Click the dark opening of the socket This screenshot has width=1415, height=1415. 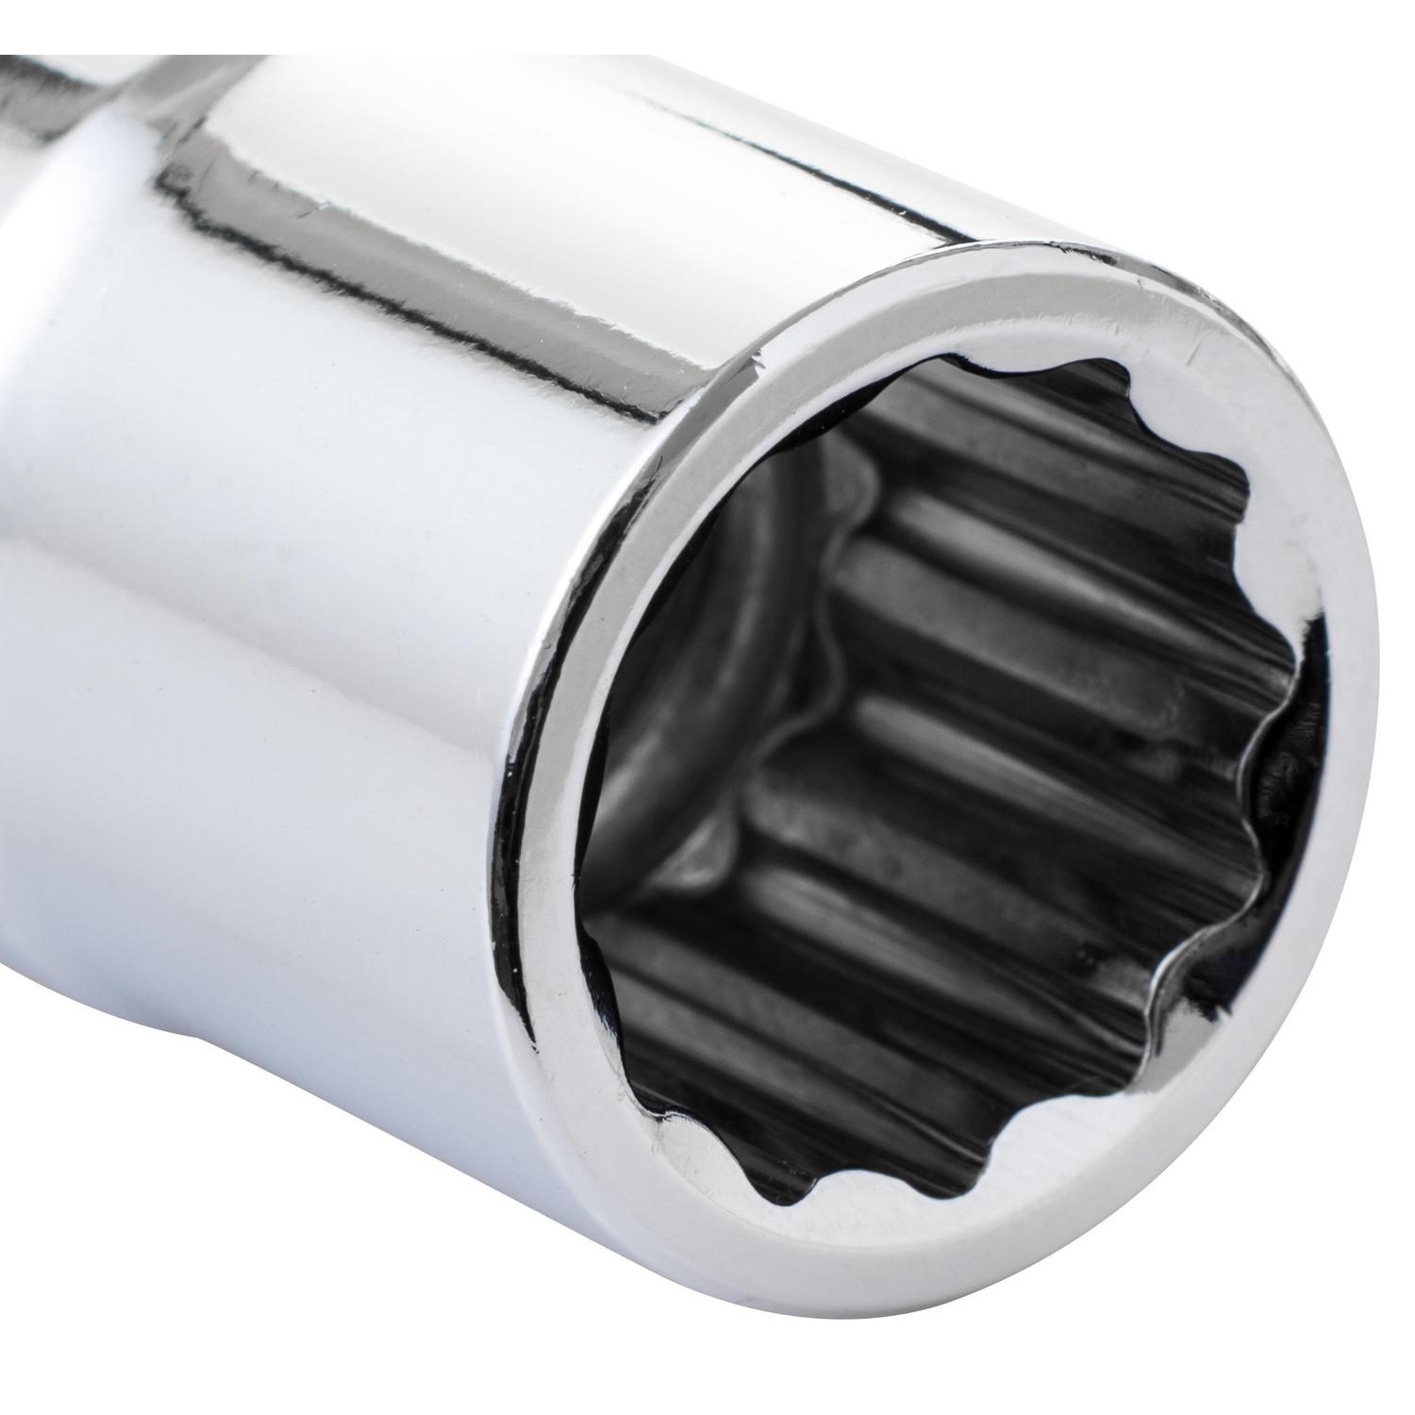943,755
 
